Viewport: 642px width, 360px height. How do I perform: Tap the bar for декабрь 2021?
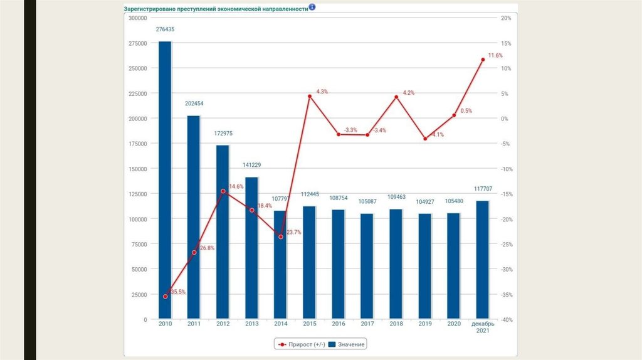482,260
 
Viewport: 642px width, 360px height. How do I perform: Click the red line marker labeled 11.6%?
483,60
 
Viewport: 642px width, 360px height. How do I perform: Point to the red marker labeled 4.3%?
310,96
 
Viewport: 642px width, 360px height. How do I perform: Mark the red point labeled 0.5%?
454,115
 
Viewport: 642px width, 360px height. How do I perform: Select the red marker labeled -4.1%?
425,139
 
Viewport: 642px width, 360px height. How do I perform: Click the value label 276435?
165,29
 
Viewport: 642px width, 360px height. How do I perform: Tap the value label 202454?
194,103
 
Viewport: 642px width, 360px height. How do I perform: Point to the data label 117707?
482,188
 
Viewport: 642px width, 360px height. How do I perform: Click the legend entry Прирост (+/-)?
298,344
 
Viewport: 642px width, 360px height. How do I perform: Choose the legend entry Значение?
347,344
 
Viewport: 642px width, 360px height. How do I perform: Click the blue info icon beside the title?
312,8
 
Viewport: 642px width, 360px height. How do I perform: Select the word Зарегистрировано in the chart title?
151,9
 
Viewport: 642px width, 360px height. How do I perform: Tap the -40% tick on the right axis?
507,319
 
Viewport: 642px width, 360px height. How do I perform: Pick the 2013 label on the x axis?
251,324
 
